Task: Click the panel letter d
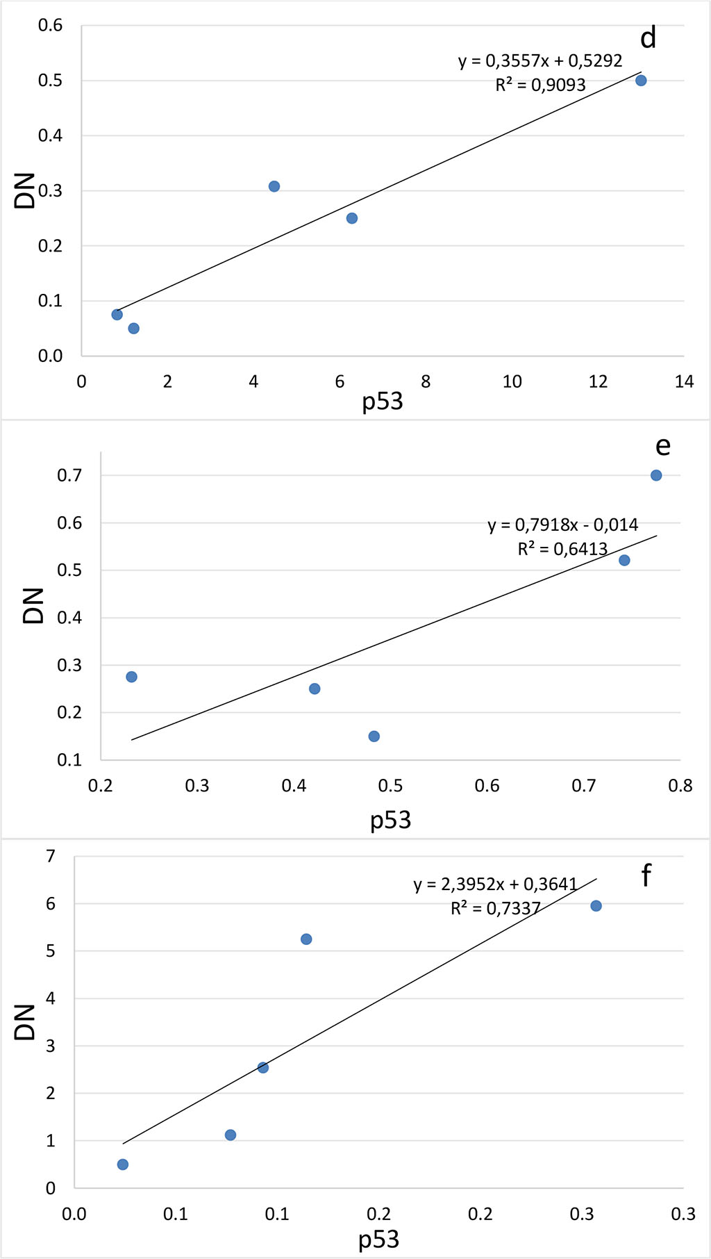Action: [x=648, y=38]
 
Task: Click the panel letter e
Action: [x=662, y=445]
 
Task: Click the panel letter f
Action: [x=646, y=875]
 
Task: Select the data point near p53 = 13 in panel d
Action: [x=641, y=81]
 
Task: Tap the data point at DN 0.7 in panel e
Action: [x=656, y=475]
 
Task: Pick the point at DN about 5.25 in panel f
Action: [x=306, y=939]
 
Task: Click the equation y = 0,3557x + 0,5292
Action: [x=540, y=61]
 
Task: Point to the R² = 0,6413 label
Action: [x=562, y=549]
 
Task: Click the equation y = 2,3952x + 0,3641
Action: [x=495, y=884]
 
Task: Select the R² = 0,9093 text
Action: [x=540, y=85]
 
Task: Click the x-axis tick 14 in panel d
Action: [x=684, y=381]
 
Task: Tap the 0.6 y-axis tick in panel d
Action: [x=50, y=26]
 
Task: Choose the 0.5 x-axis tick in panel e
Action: [x=390, y=786]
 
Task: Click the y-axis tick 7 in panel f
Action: [x=51, y=856]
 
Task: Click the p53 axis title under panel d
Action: [x=382, y=402]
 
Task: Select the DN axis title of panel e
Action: [x=33, y=605]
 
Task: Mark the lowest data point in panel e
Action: [x=374, y=737]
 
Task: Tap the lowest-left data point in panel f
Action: [x=123, y=1165]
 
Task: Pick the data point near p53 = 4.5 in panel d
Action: [x=274, y=186]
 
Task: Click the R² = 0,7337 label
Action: [x=495, y=908]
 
